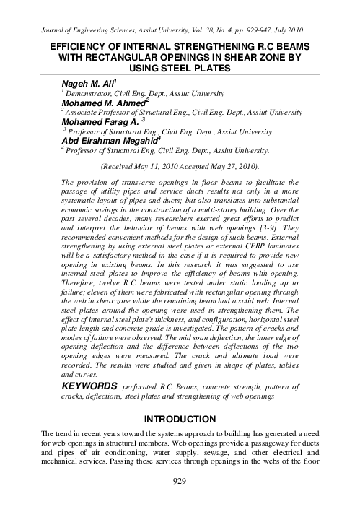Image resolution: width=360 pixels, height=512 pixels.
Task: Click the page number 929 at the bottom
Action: pos(179,500)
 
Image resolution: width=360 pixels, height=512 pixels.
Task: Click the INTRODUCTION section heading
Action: pos(180,419)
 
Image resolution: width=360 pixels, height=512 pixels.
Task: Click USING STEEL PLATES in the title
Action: pos(180,68)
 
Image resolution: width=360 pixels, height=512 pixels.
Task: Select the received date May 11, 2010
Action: pos(149,165)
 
